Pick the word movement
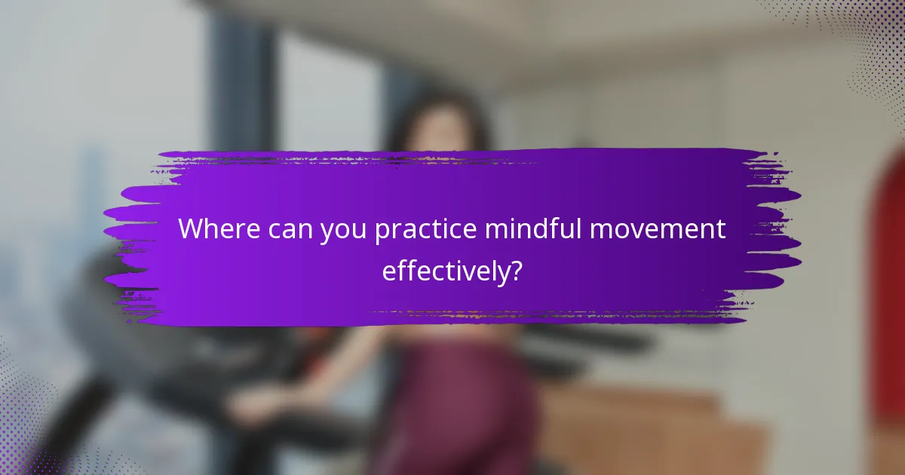658,230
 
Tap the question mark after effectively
516,271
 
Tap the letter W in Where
192,230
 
